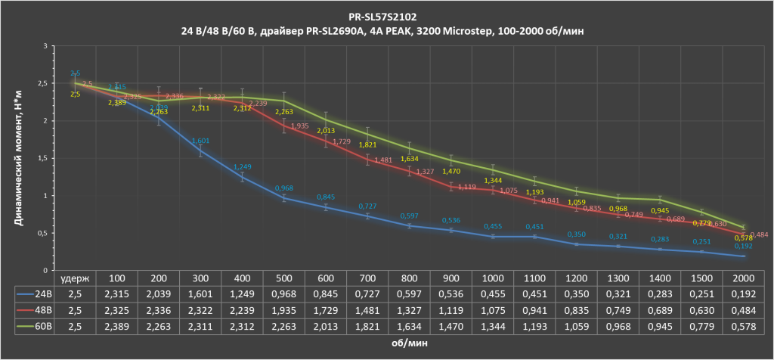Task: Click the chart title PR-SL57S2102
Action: (388, 14)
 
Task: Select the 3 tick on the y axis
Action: (45, 46)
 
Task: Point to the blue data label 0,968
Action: (284, 188)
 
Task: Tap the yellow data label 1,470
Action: (450, 171)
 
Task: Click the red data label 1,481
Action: (383, 160)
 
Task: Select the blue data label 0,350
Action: (576, 235)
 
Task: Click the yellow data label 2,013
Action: (326, 130)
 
